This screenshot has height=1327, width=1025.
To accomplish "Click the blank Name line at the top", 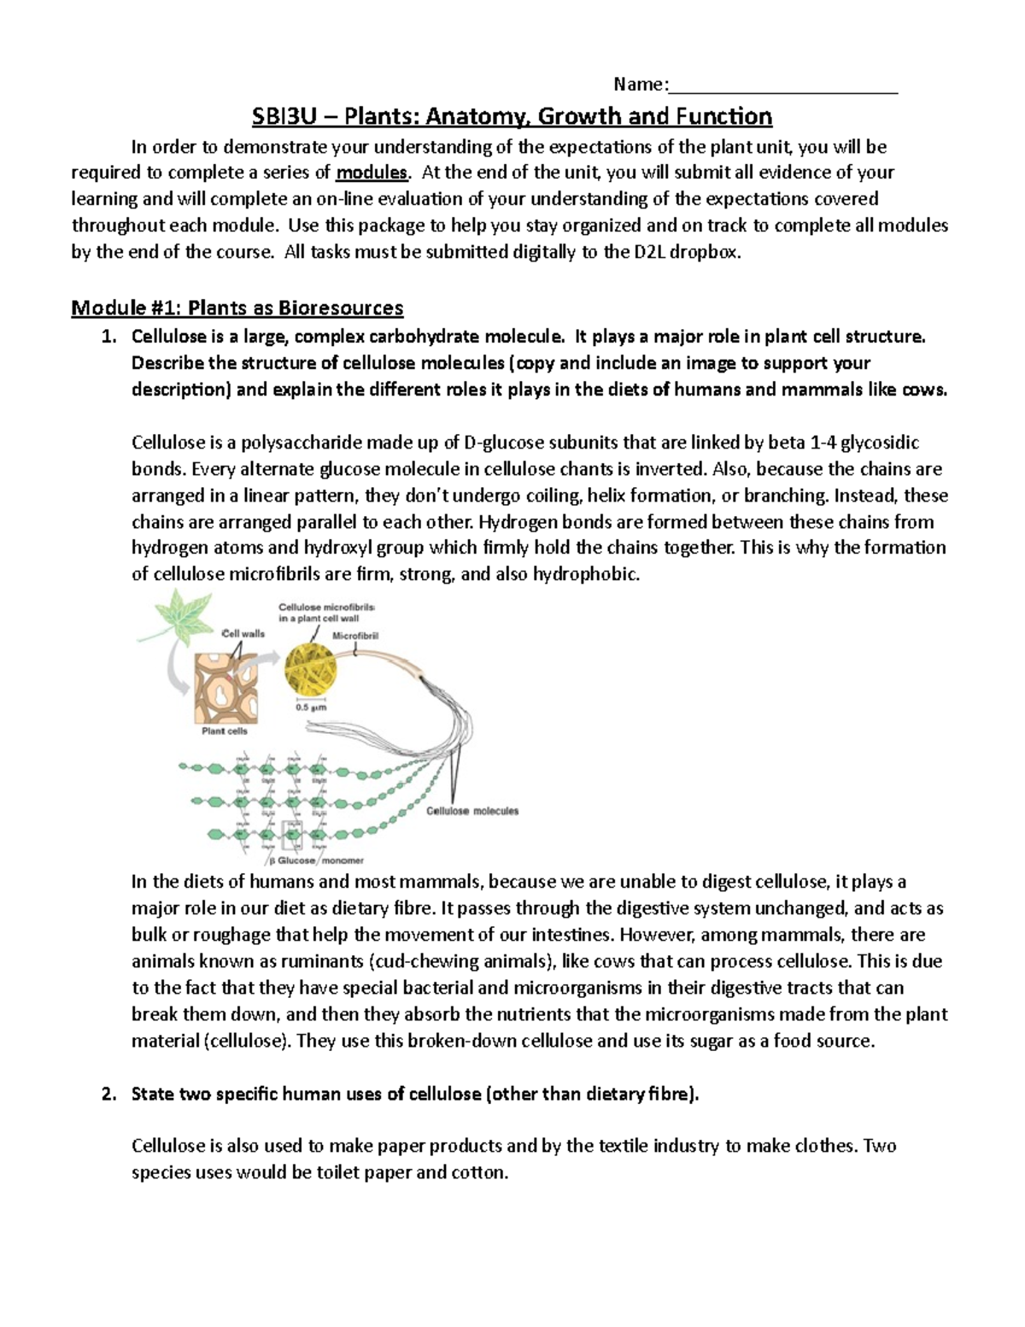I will click(782, 85).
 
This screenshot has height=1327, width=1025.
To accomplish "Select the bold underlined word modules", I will click(372, 173).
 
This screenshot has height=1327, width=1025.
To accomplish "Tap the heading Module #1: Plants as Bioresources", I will click(237, 308).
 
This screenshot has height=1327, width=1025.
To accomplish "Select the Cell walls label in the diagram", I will click(243, 634).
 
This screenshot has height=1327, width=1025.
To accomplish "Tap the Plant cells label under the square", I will click(225, 731).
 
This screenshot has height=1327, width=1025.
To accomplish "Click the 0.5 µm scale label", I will click(311, 708).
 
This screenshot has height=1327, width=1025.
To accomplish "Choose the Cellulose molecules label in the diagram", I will click(472, 811).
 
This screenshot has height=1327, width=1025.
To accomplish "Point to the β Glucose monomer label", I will click(316, 860).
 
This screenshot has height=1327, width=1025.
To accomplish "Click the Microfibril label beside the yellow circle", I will click(355, 636).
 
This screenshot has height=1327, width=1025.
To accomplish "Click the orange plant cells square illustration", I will click(225, 689).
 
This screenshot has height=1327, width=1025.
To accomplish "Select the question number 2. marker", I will click(108, 1095).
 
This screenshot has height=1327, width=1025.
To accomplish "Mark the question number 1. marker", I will click(108, 337).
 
